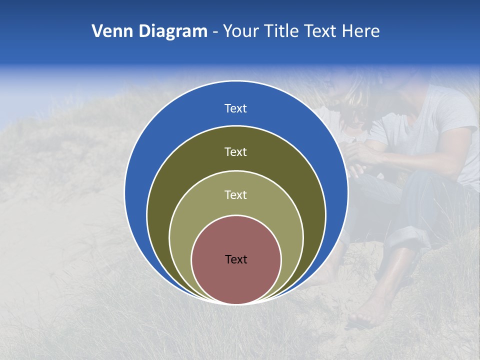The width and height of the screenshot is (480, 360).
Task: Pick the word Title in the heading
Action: (282, 31)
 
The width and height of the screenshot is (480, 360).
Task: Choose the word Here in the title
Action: (360, 31)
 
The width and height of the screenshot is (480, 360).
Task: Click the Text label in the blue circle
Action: (236, 108)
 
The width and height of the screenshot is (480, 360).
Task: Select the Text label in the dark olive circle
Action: (236, 151)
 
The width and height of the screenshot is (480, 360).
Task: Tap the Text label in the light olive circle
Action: (236, 195)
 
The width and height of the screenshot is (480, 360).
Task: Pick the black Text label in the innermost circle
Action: (236, 259)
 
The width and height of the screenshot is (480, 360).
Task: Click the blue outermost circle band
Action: (150, 150)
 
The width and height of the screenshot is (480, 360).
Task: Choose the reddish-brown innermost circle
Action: (236, 280)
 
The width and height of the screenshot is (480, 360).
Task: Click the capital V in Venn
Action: (97, 31)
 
